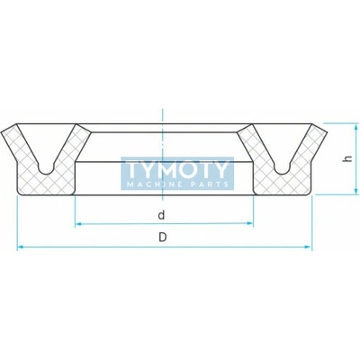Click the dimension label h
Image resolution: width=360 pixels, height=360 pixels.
[348, 158]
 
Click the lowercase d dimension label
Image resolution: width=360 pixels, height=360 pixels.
[161, 214]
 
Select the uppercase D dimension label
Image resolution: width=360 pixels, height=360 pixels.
[162, 238]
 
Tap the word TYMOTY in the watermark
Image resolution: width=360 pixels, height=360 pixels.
[177, 169]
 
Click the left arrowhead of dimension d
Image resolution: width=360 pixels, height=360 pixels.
[78, 223]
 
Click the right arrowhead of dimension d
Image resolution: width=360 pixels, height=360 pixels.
[250, 223]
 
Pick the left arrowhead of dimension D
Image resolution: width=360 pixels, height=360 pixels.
[21, 247]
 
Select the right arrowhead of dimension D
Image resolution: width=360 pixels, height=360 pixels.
[308, 247]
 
